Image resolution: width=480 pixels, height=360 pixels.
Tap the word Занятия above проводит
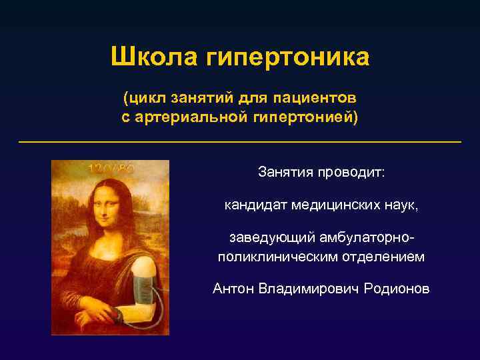click(x=285, y=173)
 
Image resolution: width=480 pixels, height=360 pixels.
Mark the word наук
click(x=403, y=205)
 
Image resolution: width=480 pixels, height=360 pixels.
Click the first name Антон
click(x=233, y=289)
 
